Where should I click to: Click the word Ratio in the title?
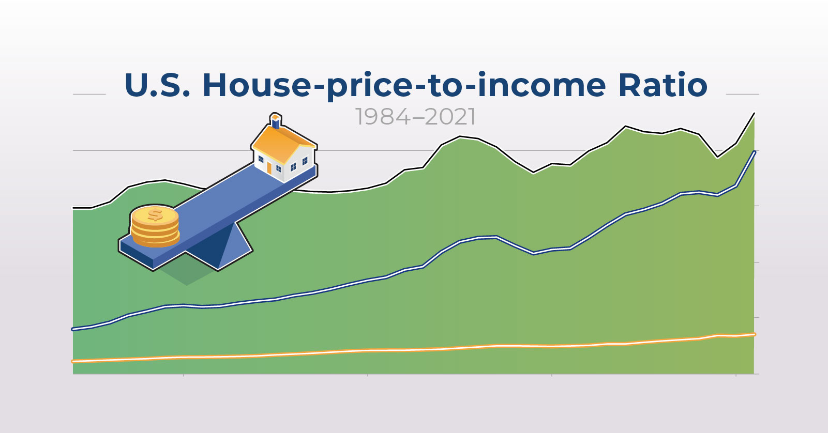[x=663, y=85]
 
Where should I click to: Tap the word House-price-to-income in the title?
[x=404, y=86]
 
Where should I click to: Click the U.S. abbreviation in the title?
[x=157, y=85]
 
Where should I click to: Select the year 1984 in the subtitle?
[x=383, y=117]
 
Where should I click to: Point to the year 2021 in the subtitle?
[x=450, y=117]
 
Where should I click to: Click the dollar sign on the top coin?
[x=155, y=214]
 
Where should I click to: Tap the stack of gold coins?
[x=155, y=226]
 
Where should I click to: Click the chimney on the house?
[x=275, y=121]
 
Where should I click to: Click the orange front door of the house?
[x=269, y=168]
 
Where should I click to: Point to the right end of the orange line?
[x=754, y=334]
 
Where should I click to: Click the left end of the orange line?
[x=73, y=361]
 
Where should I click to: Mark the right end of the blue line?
[x=754, y=152]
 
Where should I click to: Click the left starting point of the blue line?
[x=73, y=329]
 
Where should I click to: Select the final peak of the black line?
[x=754, y=113]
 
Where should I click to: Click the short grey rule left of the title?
[x=89, y=94]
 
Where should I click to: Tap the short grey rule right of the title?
[x=743, y=94]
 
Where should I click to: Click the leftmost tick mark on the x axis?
[x=184, y=375]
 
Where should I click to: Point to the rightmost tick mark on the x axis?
[x=736, y=375]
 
